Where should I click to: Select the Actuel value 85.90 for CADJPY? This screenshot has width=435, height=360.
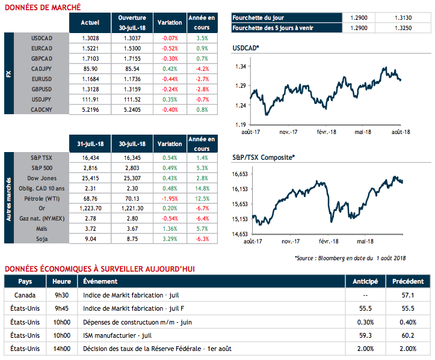pos(91,70)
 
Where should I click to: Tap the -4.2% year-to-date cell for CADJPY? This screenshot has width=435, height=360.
pos(202,70)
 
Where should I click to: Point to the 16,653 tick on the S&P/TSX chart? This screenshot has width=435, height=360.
pos(241,174)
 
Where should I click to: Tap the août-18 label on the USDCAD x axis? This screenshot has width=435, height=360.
pos(401,132)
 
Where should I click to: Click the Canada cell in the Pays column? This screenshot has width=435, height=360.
pos(25,295)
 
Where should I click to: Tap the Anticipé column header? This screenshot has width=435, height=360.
pos(365,281)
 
